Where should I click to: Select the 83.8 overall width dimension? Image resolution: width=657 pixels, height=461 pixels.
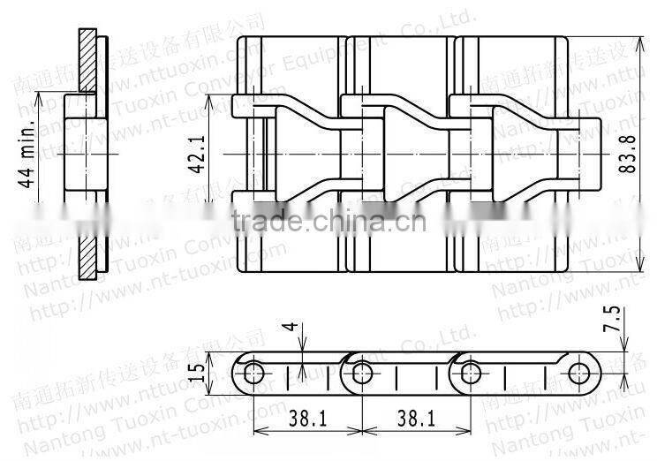pyautogui.click(x=628, y=157)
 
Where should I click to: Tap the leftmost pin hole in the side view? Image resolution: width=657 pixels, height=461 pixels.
pyautogui.click(x=254, y=372)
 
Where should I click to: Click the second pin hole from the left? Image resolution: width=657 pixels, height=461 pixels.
pyautogui.click(x=359, y=372)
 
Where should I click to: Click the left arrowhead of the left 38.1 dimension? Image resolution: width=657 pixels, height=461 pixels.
pyautogui.click(x=259, y=431)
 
